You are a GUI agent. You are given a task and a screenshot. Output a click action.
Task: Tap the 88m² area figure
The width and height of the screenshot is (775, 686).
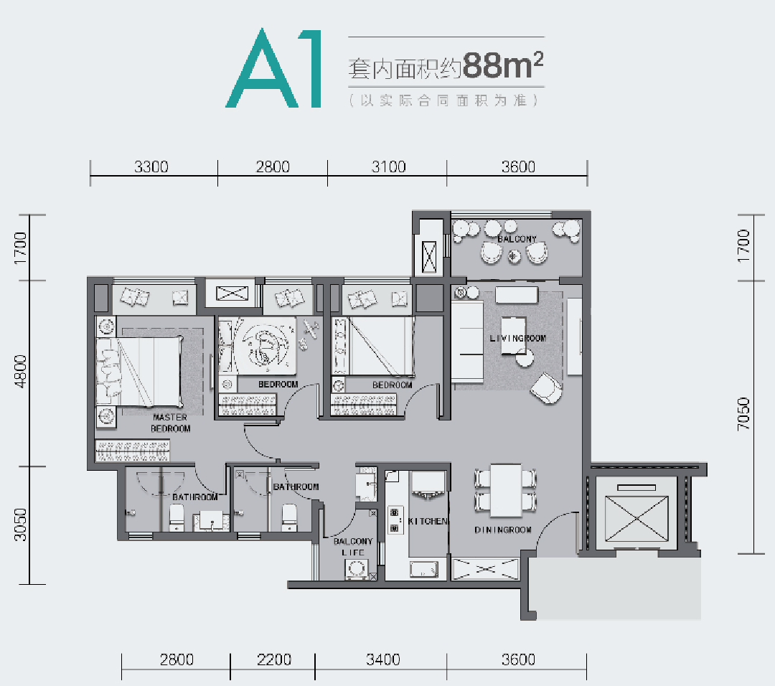tap(503, 66)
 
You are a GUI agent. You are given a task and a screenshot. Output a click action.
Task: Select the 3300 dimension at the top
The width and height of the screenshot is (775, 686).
tap(151, 167)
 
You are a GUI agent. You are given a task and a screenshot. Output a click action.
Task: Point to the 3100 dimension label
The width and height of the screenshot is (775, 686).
tap(388, 167)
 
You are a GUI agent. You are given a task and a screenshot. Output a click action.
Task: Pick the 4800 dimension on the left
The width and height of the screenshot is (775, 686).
tap(20, 371)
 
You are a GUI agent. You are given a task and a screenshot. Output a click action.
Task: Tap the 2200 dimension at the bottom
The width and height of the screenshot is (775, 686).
tap(274, 659)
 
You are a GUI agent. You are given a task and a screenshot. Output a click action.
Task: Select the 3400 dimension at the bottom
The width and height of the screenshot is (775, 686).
tap(383, 659)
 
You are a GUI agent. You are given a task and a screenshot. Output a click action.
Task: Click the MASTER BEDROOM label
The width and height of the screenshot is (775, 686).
tap(171, 423)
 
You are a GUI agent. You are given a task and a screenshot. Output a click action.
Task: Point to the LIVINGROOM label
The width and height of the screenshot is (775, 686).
tap(518, 339)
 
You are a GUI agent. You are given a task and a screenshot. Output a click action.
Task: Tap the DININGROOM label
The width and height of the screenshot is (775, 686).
tap(503, 530)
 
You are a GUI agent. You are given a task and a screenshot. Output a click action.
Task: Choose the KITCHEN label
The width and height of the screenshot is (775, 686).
tap(428, 521)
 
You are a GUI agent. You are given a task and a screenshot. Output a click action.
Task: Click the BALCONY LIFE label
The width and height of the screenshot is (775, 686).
tap(353, 547)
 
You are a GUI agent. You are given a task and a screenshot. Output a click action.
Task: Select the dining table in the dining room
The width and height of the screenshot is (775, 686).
tap(506, 490)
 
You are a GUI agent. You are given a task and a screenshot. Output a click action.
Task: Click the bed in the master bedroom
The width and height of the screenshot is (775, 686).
tap(139, 372)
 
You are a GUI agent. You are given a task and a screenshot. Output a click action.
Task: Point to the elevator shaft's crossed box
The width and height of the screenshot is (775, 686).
tap(637, 519)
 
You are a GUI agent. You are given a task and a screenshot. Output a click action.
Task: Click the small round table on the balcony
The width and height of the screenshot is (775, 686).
tap(515, 256)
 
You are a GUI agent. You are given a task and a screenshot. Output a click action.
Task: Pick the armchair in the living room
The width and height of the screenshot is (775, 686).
tap(546, 388)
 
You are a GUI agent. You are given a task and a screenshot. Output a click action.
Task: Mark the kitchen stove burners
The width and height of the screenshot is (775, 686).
tap(395, 520)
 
